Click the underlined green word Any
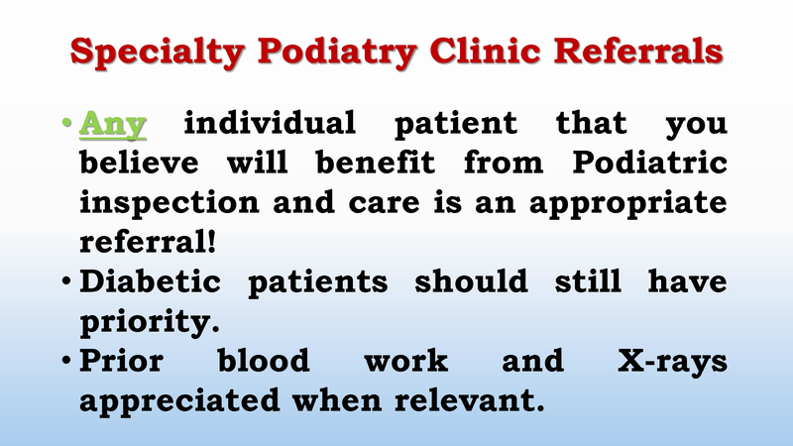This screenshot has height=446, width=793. tap(113, 125)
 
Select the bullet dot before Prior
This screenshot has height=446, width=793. tap(65, 362)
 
